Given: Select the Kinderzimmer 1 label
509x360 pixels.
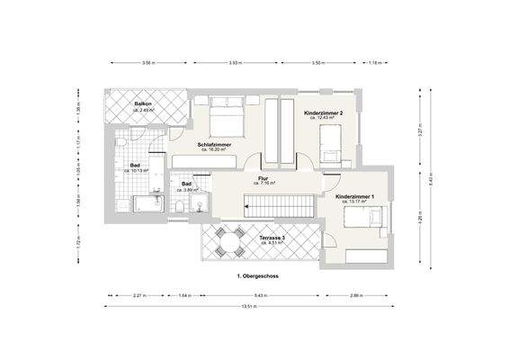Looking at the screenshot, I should point(354,195).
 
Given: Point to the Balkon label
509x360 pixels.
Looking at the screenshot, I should point(142,104).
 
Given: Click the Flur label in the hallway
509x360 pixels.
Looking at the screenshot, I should point(263,177).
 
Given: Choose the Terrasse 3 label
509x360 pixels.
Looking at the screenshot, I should point(272,237).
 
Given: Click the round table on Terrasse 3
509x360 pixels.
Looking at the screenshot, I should point(232,240).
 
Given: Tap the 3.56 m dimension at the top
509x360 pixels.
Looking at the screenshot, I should point(147,63).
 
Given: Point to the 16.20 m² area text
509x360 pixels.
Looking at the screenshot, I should point(218,149).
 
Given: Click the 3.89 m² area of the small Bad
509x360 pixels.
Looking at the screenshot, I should point(186,190).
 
